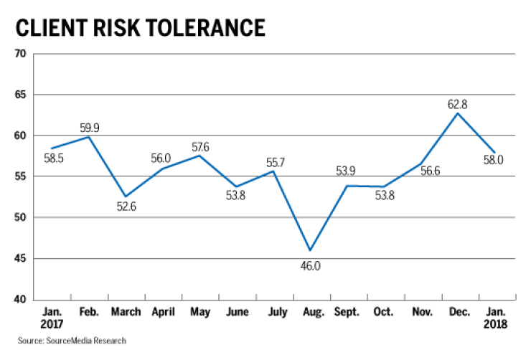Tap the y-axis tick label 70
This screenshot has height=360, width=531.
point(19,54)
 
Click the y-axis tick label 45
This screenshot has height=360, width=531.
point(19,258)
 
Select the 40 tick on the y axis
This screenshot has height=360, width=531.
point(19,299)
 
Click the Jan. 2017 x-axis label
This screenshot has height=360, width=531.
point(50,318)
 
